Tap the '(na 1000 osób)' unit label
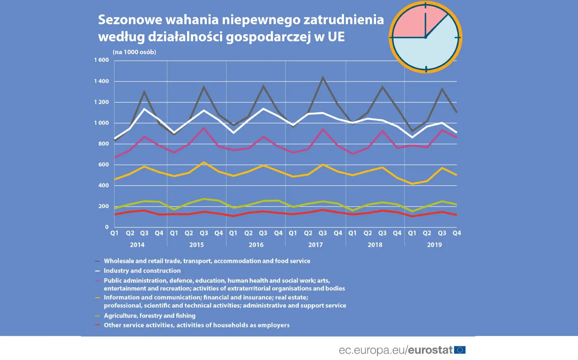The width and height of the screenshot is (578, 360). tap(134, 52)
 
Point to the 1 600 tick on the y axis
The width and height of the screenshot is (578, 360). tap(101, 60)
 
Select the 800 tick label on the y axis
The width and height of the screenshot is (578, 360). tap(104, 144)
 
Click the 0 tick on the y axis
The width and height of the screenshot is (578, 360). tap(107, 227)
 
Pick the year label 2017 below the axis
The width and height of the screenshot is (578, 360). tap(315, 245)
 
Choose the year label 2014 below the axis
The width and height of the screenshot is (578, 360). tap(137, 245)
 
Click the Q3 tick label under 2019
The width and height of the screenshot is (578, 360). tap(442, 233)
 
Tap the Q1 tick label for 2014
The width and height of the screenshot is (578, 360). tap(114, 233)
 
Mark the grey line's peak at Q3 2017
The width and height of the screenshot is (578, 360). tap(323, 78)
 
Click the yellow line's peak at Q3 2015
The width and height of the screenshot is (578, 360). tap(204, 162)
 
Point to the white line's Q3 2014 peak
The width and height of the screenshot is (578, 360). tap(144, 109)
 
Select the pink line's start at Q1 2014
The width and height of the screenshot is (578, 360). tap(115, 157)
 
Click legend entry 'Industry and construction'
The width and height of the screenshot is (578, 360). tap(142, 271)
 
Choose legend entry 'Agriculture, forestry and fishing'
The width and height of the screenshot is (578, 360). tap(149, 316)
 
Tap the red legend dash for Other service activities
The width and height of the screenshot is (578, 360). tap(97, 325)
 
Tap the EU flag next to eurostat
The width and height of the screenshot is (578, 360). tap(460, 350)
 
